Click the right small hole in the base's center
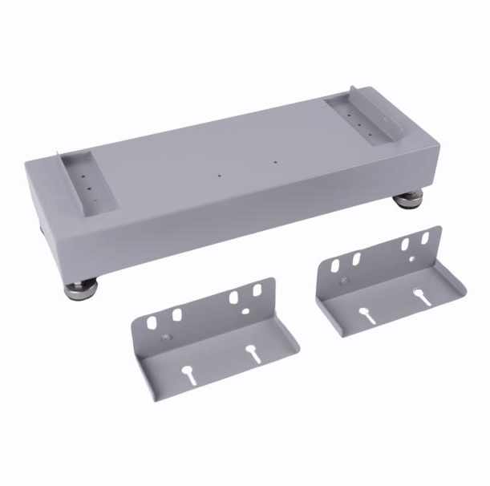coord(275,162)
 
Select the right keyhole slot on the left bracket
coord(251,352)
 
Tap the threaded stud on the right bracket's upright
coord(343,281)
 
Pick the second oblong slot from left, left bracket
coord(176,314)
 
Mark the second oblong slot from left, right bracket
coord(355,259)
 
